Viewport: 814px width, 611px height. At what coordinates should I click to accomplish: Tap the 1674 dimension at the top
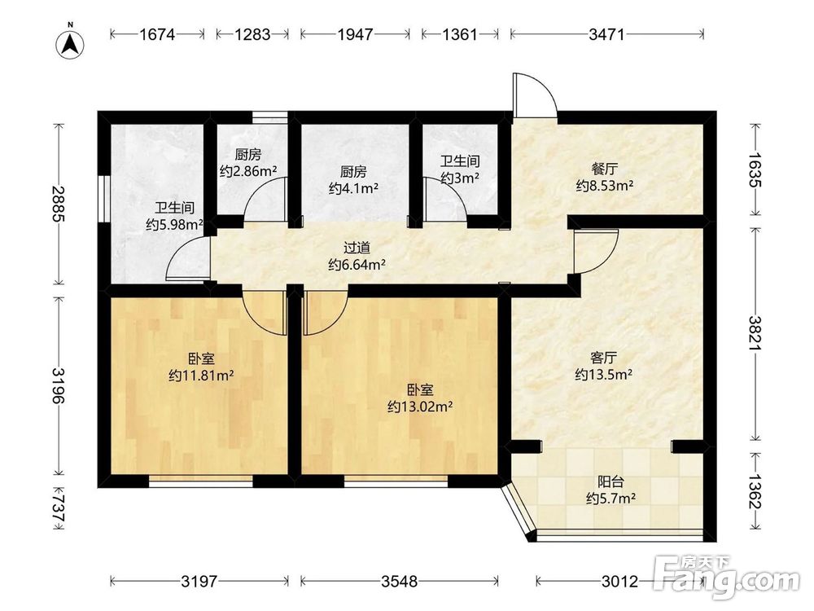pos(157,34)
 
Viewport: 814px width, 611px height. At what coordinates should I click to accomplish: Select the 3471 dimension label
pos(606,34)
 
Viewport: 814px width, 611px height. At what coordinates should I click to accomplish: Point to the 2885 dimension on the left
pos(59,204)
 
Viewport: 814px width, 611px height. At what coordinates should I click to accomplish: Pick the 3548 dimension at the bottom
pos(399,581)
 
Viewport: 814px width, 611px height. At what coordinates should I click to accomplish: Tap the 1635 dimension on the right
pos(755,169)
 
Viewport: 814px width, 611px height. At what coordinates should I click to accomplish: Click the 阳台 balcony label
pos(610,481)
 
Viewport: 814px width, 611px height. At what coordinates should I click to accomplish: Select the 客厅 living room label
pos(603,358)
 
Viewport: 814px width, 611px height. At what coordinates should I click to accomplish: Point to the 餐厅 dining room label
pos(604,169)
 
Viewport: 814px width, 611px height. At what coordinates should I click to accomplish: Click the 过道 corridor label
pos(357,248)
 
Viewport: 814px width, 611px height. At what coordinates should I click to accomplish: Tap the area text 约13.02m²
pos(420,407)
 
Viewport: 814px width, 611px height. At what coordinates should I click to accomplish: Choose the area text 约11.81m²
pos(201,375)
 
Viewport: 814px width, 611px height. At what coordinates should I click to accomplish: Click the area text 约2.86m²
pos(247,171)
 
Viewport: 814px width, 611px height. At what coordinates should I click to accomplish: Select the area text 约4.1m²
pos(353,187)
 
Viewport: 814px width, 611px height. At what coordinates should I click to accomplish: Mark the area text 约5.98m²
pos(174,225)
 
